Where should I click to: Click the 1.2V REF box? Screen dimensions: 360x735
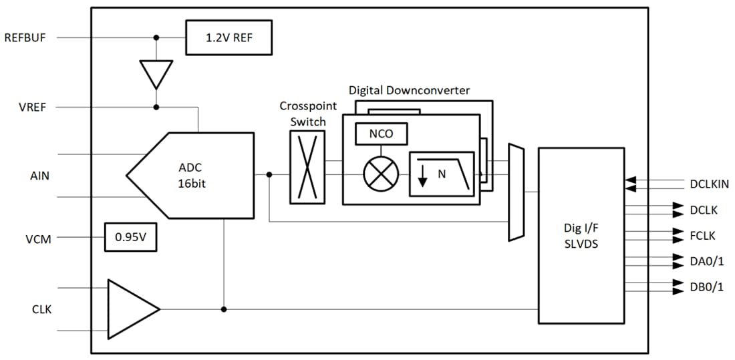click(x=229, y=37)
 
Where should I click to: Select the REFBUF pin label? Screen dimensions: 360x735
click(x=25, y=37)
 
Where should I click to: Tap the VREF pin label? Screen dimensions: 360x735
click(x=33, y=107)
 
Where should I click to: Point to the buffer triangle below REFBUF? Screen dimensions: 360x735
click(x=156, y=73)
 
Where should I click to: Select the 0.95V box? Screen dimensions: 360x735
click(x=130, y=237)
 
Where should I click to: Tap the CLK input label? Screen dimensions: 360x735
click(x=41, y=309)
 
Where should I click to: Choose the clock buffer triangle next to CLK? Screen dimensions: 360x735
click(x=130, y=309)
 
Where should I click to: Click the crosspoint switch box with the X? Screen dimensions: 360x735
click(x=307, y=167)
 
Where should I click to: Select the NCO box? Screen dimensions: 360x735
click(x=381, y=134)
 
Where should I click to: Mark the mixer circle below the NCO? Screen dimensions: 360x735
click(x=381, y=175)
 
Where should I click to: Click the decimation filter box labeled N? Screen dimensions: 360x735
click(x=441, y=174)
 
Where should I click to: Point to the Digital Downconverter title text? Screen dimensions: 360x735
click(x=409, y=90)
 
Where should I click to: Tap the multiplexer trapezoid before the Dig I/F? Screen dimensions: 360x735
click(x=516, y=192)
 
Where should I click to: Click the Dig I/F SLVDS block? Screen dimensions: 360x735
click(x=581, y=235)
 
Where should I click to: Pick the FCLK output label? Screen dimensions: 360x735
click(x=702, y=235)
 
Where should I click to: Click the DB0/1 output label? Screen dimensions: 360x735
click(x=706, y=287)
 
